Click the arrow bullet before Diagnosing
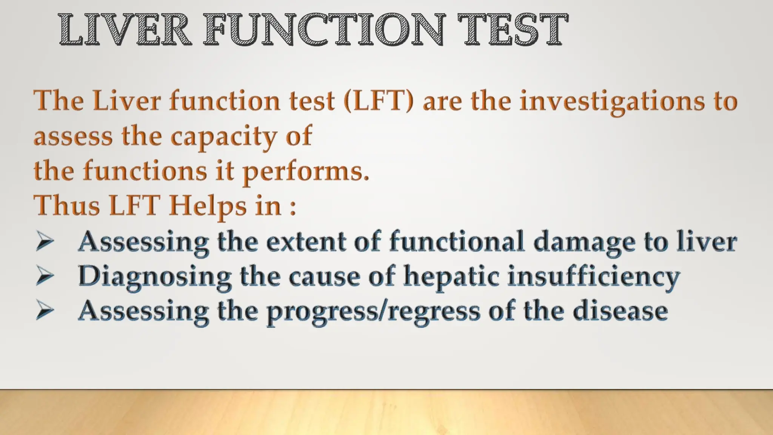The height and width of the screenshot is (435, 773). tap(45, 277)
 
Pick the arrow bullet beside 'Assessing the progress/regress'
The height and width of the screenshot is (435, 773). tap(45, 312)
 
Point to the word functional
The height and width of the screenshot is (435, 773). tap(457, 242)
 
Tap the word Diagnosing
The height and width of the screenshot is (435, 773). tap(155, 277)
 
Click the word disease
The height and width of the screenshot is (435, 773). tap(620, 311)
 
